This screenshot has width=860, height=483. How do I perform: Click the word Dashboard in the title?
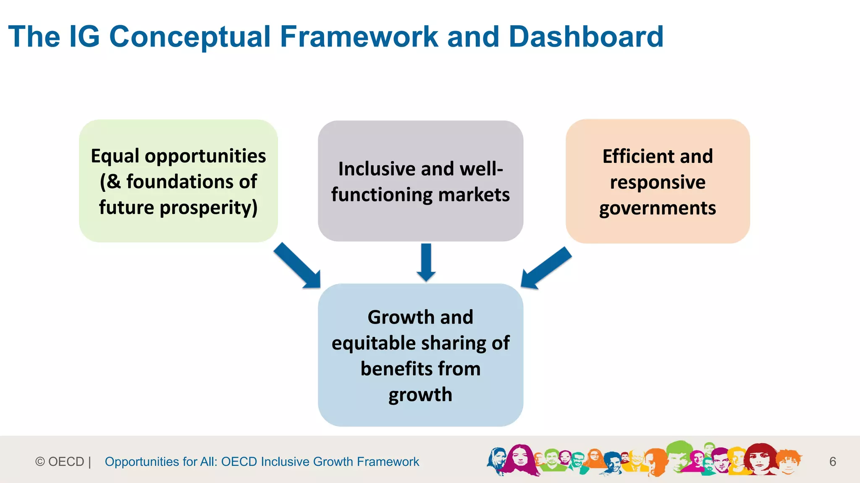[x=586, y=37]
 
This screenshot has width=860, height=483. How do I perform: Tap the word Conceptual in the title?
[x=190, y=37]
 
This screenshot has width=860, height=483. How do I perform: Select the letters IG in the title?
[x=84, y=37]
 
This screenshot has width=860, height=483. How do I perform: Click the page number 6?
[x=833, y=462]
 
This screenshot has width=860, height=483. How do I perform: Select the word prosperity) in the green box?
[x=208, y=208]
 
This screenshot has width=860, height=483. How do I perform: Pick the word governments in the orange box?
[x=658, y=208]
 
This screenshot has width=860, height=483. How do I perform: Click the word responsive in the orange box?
[x=658, y=182]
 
